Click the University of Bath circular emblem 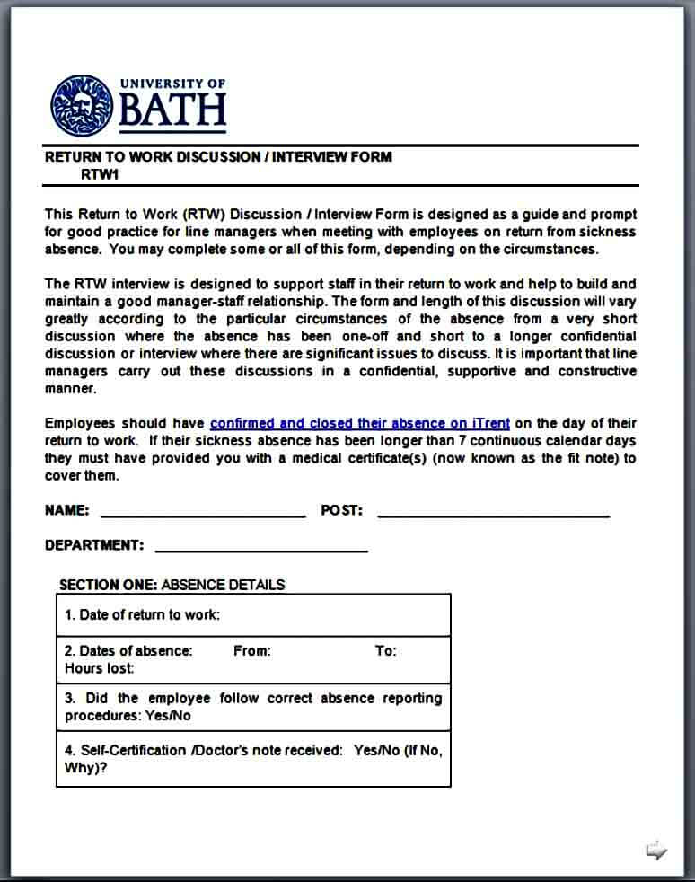(x=82, y=105)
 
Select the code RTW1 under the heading (x=100, y=174)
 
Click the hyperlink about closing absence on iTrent (x=359, y=423)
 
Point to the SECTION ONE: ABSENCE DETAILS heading (x=172, y=585)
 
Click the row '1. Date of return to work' (x=142, y=615)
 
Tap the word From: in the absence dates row (x=251, y=651)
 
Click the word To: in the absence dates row (x=385, y=651)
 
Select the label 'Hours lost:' (x=99, y=668)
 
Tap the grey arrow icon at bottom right (x=656, y=850)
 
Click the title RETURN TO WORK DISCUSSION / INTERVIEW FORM (x=218, y=156)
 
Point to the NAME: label (x=66, y=510)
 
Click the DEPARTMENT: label (x=93, y=545)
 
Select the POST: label (x=341, y=510)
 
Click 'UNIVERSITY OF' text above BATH (x=172, y=84)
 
